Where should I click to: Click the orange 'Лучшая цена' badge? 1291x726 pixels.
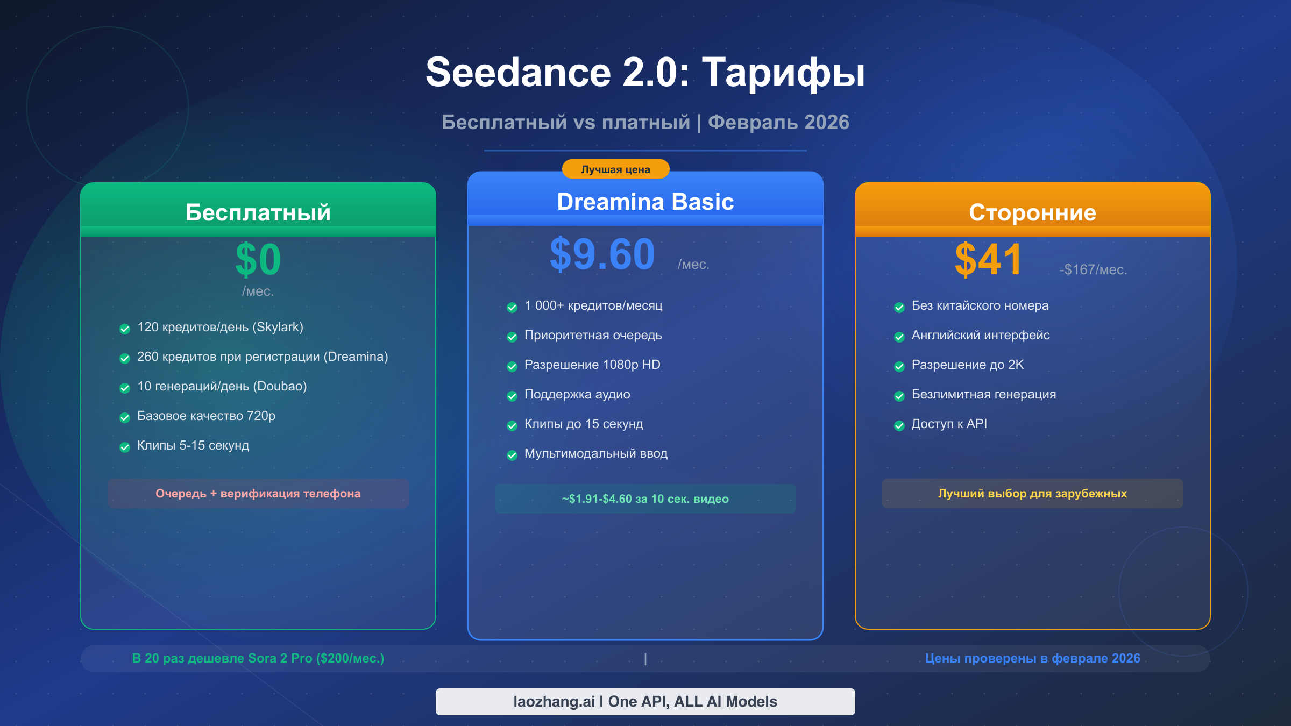pyautogui.click(x=615, y=169)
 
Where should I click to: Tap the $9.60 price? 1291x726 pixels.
pyautogui.click(x=602, y=254)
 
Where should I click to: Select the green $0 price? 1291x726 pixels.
pyautogui.click(x=258, y=260)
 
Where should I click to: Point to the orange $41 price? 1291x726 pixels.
pyautogui.click(x=988, y=260)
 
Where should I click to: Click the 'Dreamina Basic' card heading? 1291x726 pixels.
pyautogui.click(x=645, y=202)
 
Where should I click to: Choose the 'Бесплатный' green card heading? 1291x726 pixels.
pyautogui.click(x=258, y=212)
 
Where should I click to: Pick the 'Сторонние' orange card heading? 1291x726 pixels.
pyautogui.click(x=1032, y=212)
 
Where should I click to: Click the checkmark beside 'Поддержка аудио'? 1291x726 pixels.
pyautogui.click(x=512, y=396)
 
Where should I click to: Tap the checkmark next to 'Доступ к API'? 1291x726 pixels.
pyautogui.click(x=899, y=425)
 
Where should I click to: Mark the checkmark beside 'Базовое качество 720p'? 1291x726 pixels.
pyautogui.click(x=125, y=417)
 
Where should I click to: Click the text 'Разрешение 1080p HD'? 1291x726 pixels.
pyautogui.click(x=592, y=365)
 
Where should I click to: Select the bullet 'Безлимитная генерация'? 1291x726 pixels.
pyautogui.click(x=983, y=394)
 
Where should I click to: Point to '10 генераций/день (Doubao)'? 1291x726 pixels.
pyautogui.click(x=222, y=386)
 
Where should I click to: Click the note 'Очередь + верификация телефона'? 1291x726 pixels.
pyautogui.click(x=258, y=493)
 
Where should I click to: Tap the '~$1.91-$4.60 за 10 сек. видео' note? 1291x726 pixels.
pyautogui.click(x=645, y=499)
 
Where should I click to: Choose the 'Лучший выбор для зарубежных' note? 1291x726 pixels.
pyautogui.click(x=1032, y=493)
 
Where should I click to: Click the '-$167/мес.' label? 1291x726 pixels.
pyautogui.click(x=1093, y=269)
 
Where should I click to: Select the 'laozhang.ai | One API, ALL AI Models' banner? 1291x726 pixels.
pyautogui.click(x=645, y=701)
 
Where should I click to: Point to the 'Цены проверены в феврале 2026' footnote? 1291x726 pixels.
pyautogui.click(x=1032, y=658)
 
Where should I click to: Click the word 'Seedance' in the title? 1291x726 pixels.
pyautogui.click(x=518, y=73)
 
